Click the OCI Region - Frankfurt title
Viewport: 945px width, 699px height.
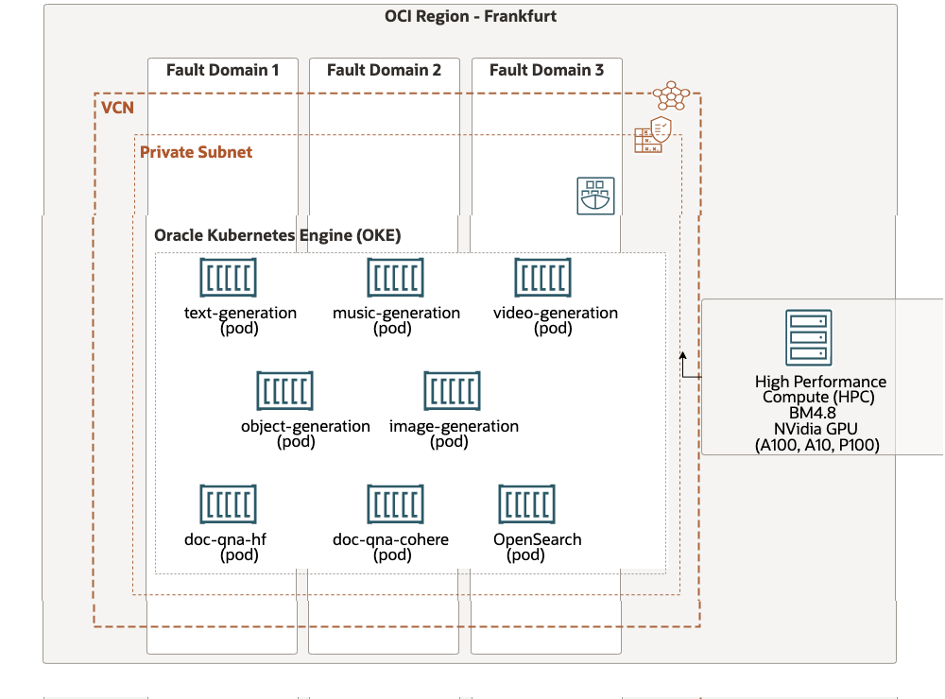click(470, 16)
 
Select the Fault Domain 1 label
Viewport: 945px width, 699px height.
click(223, 70)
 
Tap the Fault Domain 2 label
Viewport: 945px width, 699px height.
click(384, 70)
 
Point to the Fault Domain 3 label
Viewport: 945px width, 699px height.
click(546, 70)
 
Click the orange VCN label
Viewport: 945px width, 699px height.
click(117, 108)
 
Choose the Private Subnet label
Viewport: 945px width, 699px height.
click(196, 151)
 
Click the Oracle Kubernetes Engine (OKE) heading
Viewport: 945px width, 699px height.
click(277, 235)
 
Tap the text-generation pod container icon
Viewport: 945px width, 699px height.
click(228, 278)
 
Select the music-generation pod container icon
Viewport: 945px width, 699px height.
click(395, 278)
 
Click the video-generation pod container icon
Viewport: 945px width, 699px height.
click(542, 278)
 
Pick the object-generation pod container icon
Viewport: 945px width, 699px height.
click(284, 391)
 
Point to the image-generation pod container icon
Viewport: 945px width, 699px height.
click(452, 391)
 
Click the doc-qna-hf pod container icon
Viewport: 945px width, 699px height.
click(228, 504)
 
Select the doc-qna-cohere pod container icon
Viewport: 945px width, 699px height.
click(395, 504)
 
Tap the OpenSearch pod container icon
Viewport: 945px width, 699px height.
click(526, 504)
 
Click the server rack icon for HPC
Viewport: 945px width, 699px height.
click(808, 337)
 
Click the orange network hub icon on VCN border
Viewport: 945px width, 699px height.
click(671, 95)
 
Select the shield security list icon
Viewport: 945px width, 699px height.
click(653, 135)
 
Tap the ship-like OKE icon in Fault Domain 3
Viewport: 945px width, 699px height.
click(595, 196)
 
